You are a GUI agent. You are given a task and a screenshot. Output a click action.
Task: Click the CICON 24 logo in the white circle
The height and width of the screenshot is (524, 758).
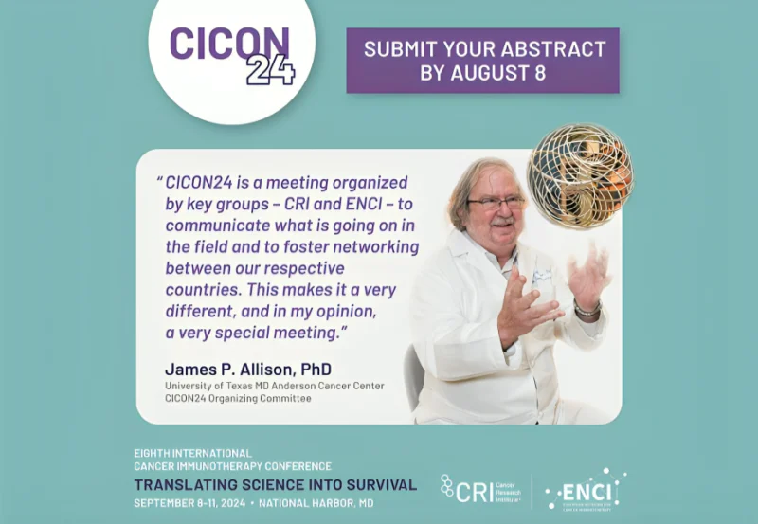point(230,52)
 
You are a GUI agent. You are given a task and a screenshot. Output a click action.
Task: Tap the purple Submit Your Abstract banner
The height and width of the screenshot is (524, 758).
point(482,60)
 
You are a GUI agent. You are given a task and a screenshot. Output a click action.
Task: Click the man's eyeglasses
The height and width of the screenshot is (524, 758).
point(495,203)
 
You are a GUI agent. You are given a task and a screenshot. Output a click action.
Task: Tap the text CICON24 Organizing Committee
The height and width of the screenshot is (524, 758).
point(238,399)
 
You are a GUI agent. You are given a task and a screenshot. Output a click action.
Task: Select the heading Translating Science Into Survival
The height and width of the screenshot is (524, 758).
point(275,484)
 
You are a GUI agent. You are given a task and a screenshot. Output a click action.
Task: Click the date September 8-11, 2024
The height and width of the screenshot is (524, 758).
point(194,502)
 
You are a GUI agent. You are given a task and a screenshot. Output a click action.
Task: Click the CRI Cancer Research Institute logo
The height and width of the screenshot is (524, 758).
point(479,490)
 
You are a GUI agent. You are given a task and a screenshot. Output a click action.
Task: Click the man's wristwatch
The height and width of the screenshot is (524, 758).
point(587,309)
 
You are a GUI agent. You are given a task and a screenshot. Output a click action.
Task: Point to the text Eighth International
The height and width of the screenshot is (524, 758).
point(192,453)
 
